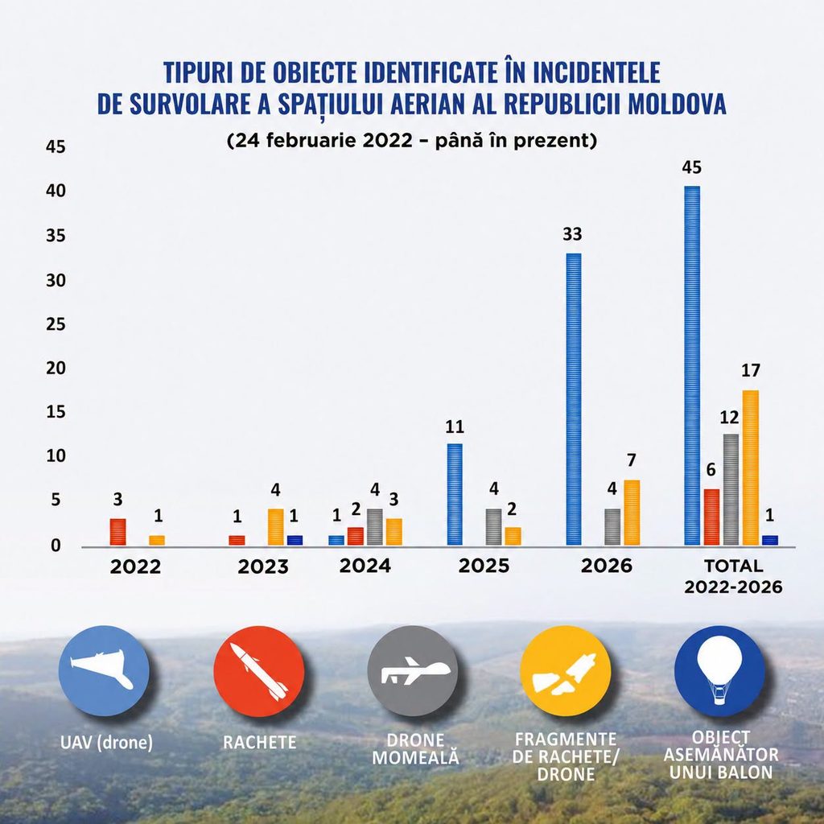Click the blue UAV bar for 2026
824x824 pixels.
[573, 399]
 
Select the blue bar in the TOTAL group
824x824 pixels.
[692, 366]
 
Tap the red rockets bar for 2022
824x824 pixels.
[117, 532]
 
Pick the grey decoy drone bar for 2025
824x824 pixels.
[493, 527]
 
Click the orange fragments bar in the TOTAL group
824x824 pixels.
[751, 468]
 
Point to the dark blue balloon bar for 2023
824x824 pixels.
[295, 540]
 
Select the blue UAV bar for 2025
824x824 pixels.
[455, 495]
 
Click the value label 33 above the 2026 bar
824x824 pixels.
[572, 234]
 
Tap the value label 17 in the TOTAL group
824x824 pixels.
[751, 370]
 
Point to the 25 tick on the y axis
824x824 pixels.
[56, 324]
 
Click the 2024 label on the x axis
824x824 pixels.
[365, 566]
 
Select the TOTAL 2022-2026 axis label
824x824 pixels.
[733, 576]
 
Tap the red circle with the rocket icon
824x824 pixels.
[259, 671]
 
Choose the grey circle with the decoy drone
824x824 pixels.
[413, 671]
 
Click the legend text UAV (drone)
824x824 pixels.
[107, 742]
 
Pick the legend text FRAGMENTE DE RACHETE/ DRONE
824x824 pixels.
[566, 756]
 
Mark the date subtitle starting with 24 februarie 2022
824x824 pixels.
[412, 140]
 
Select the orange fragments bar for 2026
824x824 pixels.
[632, 513]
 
